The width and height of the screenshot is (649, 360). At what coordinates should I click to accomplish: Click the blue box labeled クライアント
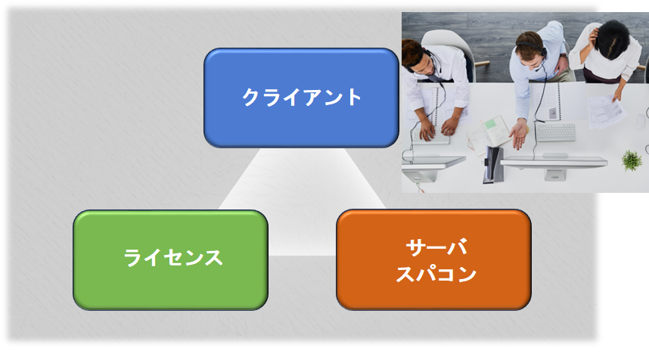pyautogui.click(x=301, y=98)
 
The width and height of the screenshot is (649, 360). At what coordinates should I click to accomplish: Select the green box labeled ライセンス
pyautogui.click(x=170, y=260)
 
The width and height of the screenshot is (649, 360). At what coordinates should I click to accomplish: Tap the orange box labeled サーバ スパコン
pyautogui.click(x=433, y=259)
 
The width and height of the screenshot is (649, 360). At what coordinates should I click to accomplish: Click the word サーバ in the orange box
pyautogui.click(x=436, y=247)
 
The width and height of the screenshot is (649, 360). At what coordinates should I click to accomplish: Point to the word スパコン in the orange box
pyautogui.click(x=436, y=274)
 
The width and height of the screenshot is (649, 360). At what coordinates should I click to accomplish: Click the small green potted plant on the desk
pyautogui.click(x=632, y=160)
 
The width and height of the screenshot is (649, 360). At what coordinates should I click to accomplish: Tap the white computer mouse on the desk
pyautogui.click(x=641, y=122)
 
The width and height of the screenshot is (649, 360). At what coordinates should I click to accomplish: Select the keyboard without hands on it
pyautogui.click(x=556, y=132)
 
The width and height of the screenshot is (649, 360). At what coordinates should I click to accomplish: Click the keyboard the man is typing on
pyautogui.click(x=430, y=135)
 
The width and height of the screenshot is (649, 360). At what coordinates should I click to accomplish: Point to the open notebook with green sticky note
pyautogui.click(x=489, y=134)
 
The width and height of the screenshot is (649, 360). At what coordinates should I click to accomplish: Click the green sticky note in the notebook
pyautogui.click(x=492, y=123)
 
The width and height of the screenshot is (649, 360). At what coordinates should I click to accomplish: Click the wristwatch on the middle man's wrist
pyautogui.click(x=563, y=55)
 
